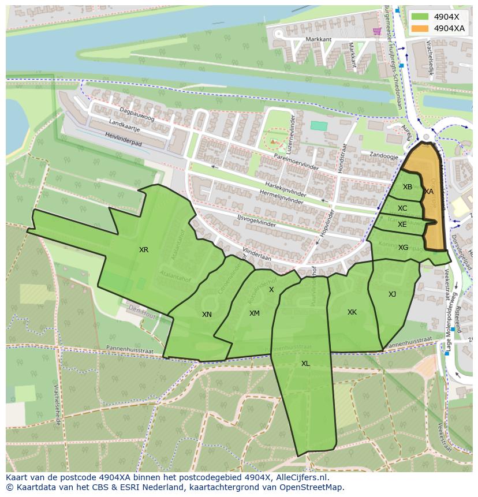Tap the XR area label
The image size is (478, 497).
(144, 250)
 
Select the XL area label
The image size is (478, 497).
(305, 364)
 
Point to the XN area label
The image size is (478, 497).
(207, 315)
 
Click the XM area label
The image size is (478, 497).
(254, 313)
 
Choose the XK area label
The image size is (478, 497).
(352, 312)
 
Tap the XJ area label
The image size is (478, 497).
(392, 294)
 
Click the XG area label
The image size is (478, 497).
(403, 248)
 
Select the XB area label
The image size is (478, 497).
(408, 187)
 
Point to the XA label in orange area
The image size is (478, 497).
(429, 192)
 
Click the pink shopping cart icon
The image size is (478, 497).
(377, 31)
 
